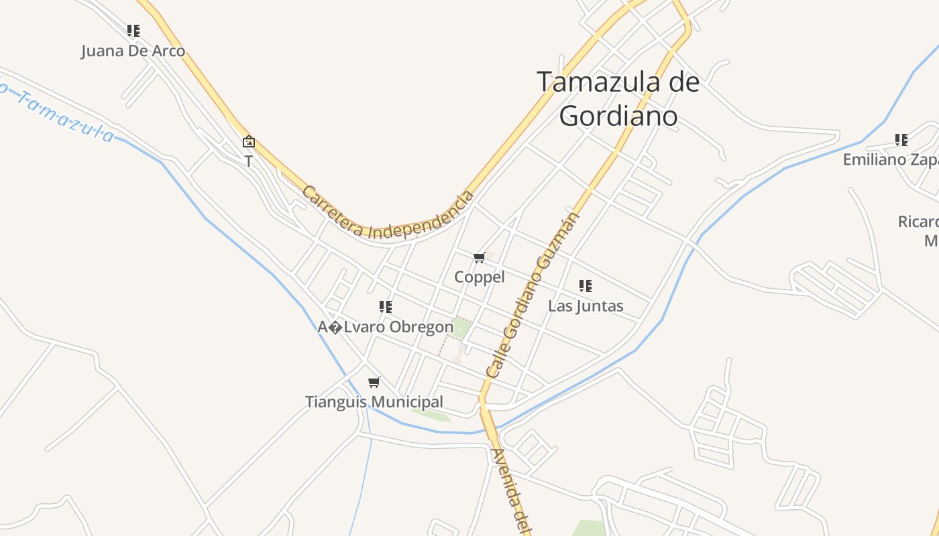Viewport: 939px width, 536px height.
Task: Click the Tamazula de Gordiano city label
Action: [x=618, y=98]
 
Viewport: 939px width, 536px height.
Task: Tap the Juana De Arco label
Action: [x=133, y=51]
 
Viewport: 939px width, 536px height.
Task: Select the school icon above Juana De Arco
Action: [x=133, y=30]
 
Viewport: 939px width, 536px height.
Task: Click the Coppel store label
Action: [x=480, y=277]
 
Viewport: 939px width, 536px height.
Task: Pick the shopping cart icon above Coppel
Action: [x=480, y=258]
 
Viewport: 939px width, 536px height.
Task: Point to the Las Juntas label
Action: [x=586, y=306]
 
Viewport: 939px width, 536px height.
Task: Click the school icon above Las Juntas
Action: [x=586, y=286]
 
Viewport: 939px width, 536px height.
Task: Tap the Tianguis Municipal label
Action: [x=374, y=402]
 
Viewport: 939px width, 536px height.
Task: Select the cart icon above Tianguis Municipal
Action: [x=374, y=383]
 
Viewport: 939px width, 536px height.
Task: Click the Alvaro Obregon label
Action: [x=386, y=327]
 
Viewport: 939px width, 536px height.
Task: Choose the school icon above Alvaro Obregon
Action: [x=386, y=307]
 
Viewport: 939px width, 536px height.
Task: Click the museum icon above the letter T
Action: [x=249, y=141]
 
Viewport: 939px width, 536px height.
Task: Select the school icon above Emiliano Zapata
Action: [x=901, y=140]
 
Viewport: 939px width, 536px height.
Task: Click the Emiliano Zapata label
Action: [x=890, y=160]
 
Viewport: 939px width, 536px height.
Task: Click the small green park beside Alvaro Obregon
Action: [x=461, y=328]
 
